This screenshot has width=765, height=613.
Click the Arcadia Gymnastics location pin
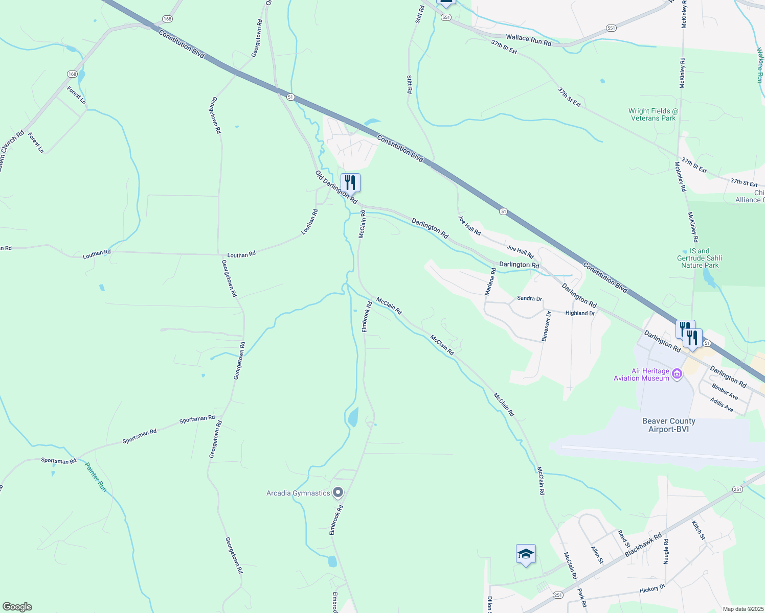pos(337,493)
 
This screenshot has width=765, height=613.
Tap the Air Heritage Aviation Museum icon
pos(677,374)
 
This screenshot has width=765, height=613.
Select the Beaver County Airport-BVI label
pos(668,425)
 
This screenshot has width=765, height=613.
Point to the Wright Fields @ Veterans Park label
pos(653,114)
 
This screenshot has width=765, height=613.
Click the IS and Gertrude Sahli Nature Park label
pos(700,258)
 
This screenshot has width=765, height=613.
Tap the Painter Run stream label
pos(96,477)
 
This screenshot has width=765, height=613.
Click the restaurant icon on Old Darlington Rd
pos(350,182)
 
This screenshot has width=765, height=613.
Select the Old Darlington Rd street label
pos(336,187)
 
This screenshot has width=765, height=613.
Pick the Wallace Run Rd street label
pos(529,40)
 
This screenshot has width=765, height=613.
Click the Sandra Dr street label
pos(529,298)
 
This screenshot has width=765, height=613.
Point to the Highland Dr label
pos(580,313)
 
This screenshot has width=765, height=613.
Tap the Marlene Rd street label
pos(490,281)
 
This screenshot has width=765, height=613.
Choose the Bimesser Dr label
pos(546,326)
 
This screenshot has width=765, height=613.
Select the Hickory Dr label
pos(652,589)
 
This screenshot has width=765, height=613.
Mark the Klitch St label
pos(698,530)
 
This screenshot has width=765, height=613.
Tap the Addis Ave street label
pos(722,405)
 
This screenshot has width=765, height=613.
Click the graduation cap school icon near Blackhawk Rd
pos(526,554)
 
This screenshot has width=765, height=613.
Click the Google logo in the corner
pos(17,607)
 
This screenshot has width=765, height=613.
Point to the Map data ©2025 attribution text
pos(742,609)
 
